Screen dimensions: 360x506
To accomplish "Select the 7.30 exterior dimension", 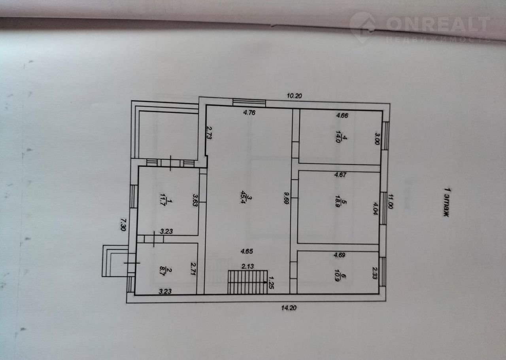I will (123, 224).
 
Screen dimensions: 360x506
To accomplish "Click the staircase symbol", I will (248, 282).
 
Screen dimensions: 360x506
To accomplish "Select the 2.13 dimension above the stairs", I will (248, 267).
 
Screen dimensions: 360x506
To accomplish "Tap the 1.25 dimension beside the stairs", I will (272, 284).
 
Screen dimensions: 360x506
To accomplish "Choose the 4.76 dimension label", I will (249, 113).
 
